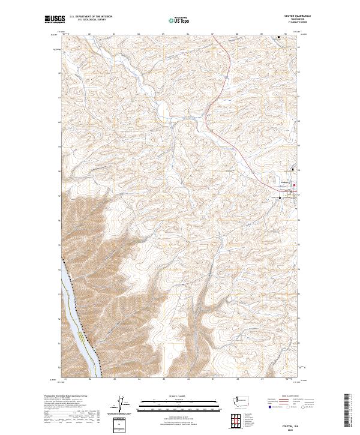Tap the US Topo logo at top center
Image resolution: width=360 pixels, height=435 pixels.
pyautogui.click(x=179, y=20)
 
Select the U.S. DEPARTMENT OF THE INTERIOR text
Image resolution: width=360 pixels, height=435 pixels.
pyautogui.click(x=91, y=17)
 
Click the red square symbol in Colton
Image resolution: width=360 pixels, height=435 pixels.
pyautogui.click(x=293, y=192)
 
